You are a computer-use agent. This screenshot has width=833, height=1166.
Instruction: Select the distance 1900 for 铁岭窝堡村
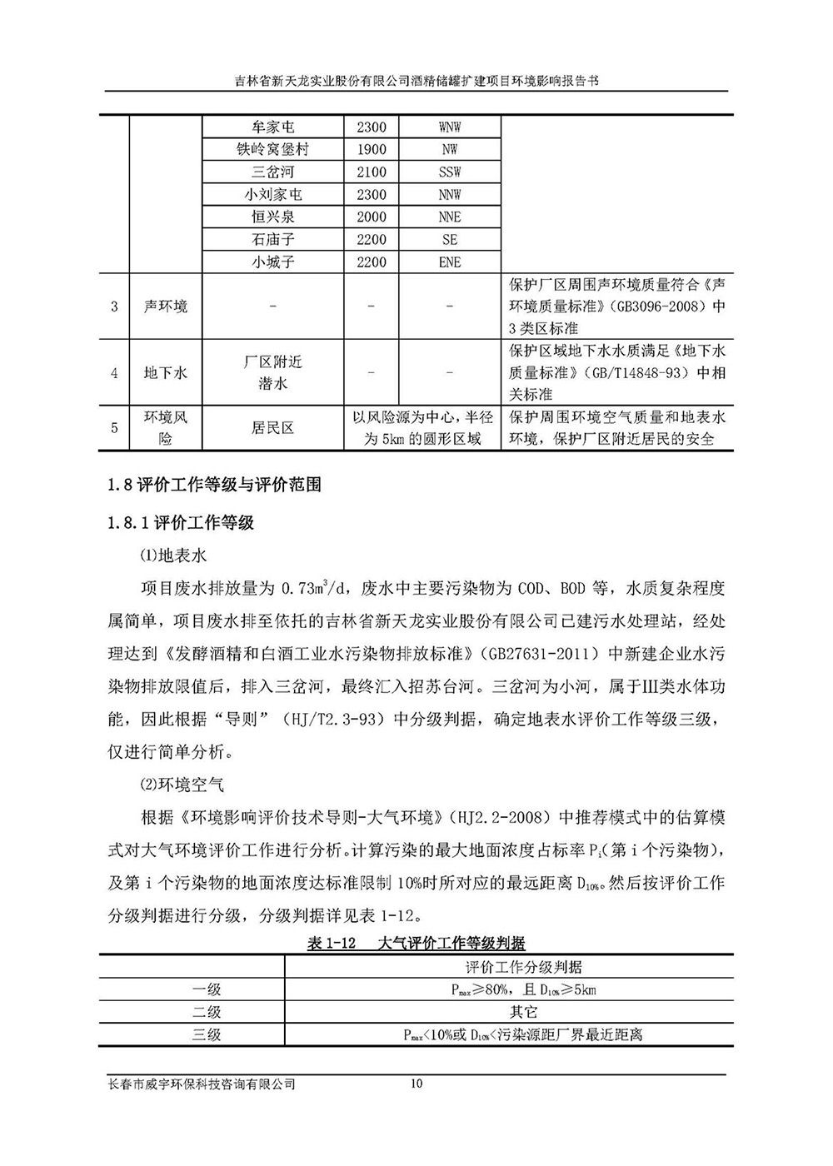click(371, 150)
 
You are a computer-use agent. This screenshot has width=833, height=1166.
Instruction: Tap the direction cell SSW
click(449, 172)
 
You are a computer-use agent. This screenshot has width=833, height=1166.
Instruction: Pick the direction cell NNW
click(449, 195)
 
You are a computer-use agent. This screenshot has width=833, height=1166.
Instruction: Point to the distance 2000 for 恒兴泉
click(371, 217)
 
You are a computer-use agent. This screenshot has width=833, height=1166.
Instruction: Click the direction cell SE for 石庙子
click(449, 240)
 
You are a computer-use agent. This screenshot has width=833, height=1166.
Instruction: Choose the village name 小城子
click(272, 262)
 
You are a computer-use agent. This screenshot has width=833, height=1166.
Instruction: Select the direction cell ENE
click(449, 262)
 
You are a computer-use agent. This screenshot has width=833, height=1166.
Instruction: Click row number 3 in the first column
click(114, 306)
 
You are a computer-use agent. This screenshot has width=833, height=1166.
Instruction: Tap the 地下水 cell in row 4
click(166, 373)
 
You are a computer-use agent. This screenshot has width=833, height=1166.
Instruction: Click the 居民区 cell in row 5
click(272, 428)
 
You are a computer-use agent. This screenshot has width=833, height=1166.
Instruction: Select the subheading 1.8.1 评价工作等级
click(182, 523)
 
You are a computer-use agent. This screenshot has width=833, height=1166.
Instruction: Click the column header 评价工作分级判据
click(523, 967)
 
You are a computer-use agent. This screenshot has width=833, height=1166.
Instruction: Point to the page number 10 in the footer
click(417, 1084)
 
